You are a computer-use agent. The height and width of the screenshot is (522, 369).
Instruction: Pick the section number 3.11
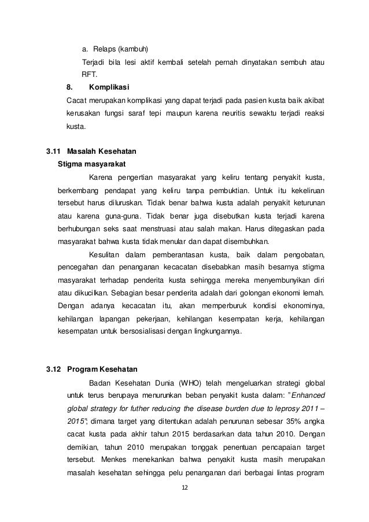(54, 152)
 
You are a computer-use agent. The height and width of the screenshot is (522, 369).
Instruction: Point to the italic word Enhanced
(308, 396)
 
